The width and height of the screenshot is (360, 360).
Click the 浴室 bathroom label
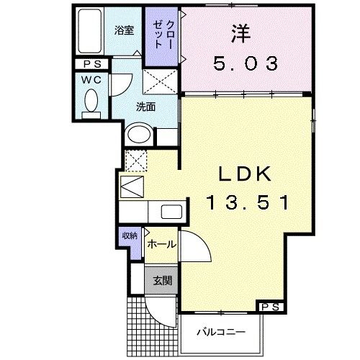pos(125,30)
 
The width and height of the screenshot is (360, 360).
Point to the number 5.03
pos(246,63)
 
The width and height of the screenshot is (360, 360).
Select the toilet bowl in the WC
pos(91,104)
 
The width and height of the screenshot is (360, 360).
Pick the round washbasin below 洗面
pos(138,134)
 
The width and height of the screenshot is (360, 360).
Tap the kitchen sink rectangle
pos(172,212)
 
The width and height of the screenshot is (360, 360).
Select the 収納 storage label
pos(128,237)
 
